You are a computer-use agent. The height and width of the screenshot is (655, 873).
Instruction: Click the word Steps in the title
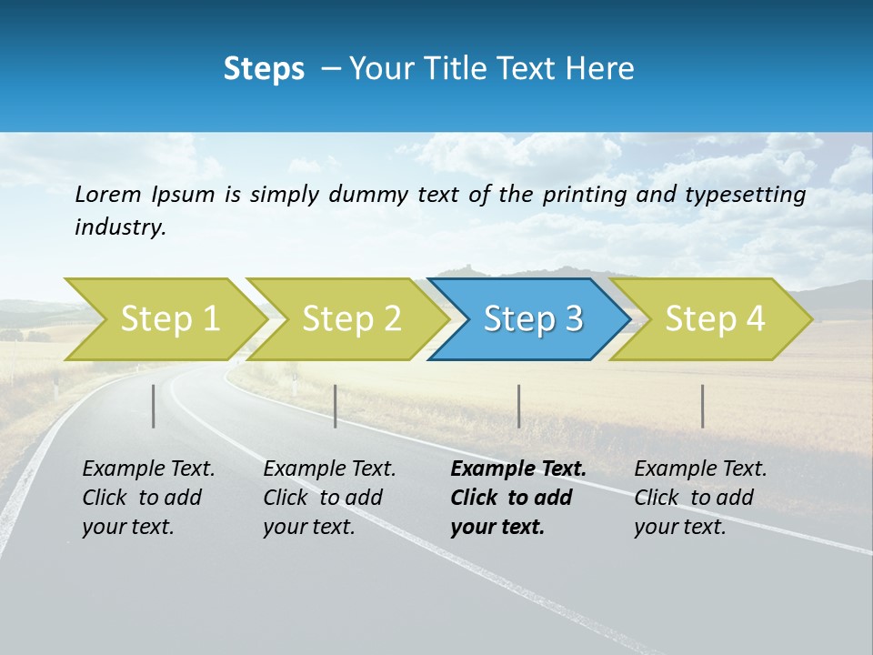(264, 68)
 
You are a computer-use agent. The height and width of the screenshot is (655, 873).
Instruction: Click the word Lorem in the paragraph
(108, 194)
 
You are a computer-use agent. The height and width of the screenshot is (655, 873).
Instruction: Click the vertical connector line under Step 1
(154, 406)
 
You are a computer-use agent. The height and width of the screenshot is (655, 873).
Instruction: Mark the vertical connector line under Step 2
(336, 406)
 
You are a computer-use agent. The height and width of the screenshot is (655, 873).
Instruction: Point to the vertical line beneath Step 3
(518, 406)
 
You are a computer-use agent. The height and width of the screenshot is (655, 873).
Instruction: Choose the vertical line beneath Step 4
(702, 406)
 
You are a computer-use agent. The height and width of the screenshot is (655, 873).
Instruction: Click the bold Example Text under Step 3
(518, 469)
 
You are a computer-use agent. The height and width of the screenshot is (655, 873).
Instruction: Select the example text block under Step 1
(148, 498)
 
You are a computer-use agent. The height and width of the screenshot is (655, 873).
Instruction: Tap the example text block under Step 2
(329, 498)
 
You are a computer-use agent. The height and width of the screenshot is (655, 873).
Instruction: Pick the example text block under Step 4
(700, 498)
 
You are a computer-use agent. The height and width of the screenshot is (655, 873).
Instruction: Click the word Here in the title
(599, 68)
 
